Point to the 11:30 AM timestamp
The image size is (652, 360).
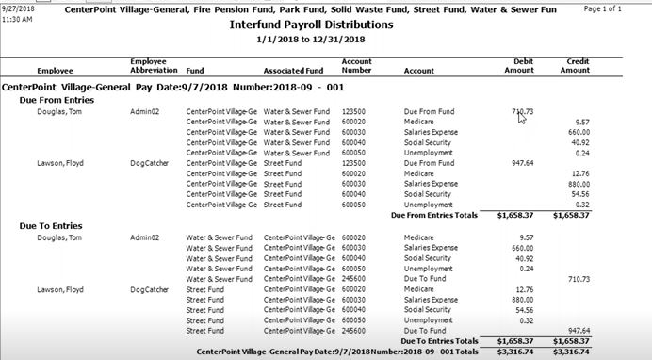click(18, 18)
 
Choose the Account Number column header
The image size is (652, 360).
click(356, 66)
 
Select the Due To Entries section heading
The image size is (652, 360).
click(51, 226)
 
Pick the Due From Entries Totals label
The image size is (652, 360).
click(435, 215)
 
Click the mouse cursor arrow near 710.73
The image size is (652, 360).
click(520, 117)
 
